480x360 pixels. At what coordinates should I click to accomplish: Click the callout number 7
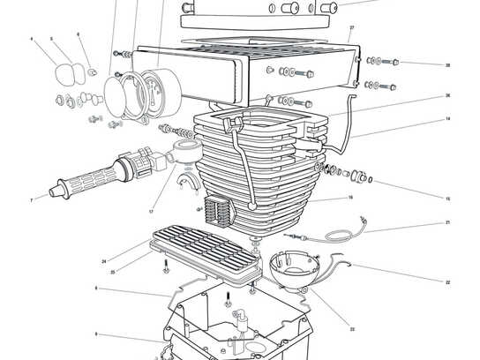[x=32, y=200]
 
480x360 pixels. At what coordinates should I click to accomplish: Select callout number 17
[x=152, y=212]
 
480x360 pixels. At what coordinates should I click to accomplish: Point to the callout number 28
[x=447, y=64]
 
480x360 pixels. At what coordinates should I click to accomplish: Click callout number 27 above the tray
[x=351, y=28]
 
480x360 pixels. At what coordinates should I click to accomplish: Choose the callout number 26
[x=447, y=95]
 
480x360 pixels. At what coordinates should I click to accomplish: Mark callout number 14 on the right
[x=447, y=118]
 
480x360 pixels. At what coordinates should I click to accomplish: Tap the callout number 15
[x=447, y=199]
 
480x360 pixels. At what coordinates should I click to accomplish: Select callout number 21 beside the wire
[x=447, y=222]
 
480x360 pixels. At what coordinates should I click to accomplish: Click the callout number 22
[x=447, y=281]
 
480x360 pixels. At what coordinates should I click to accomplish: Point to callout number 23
[x=352, y=329]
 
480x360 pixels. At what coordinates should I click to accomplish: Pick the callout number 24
[x=103, y=261]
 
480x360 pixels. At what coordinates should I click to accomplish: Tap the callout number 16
[x=350, y=198]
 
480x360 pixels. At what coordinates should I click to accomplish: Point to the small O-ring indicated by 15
[x=369, y=181]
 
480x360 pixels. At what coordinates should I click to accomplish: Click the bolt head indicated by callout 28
[x=394, y=62]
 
